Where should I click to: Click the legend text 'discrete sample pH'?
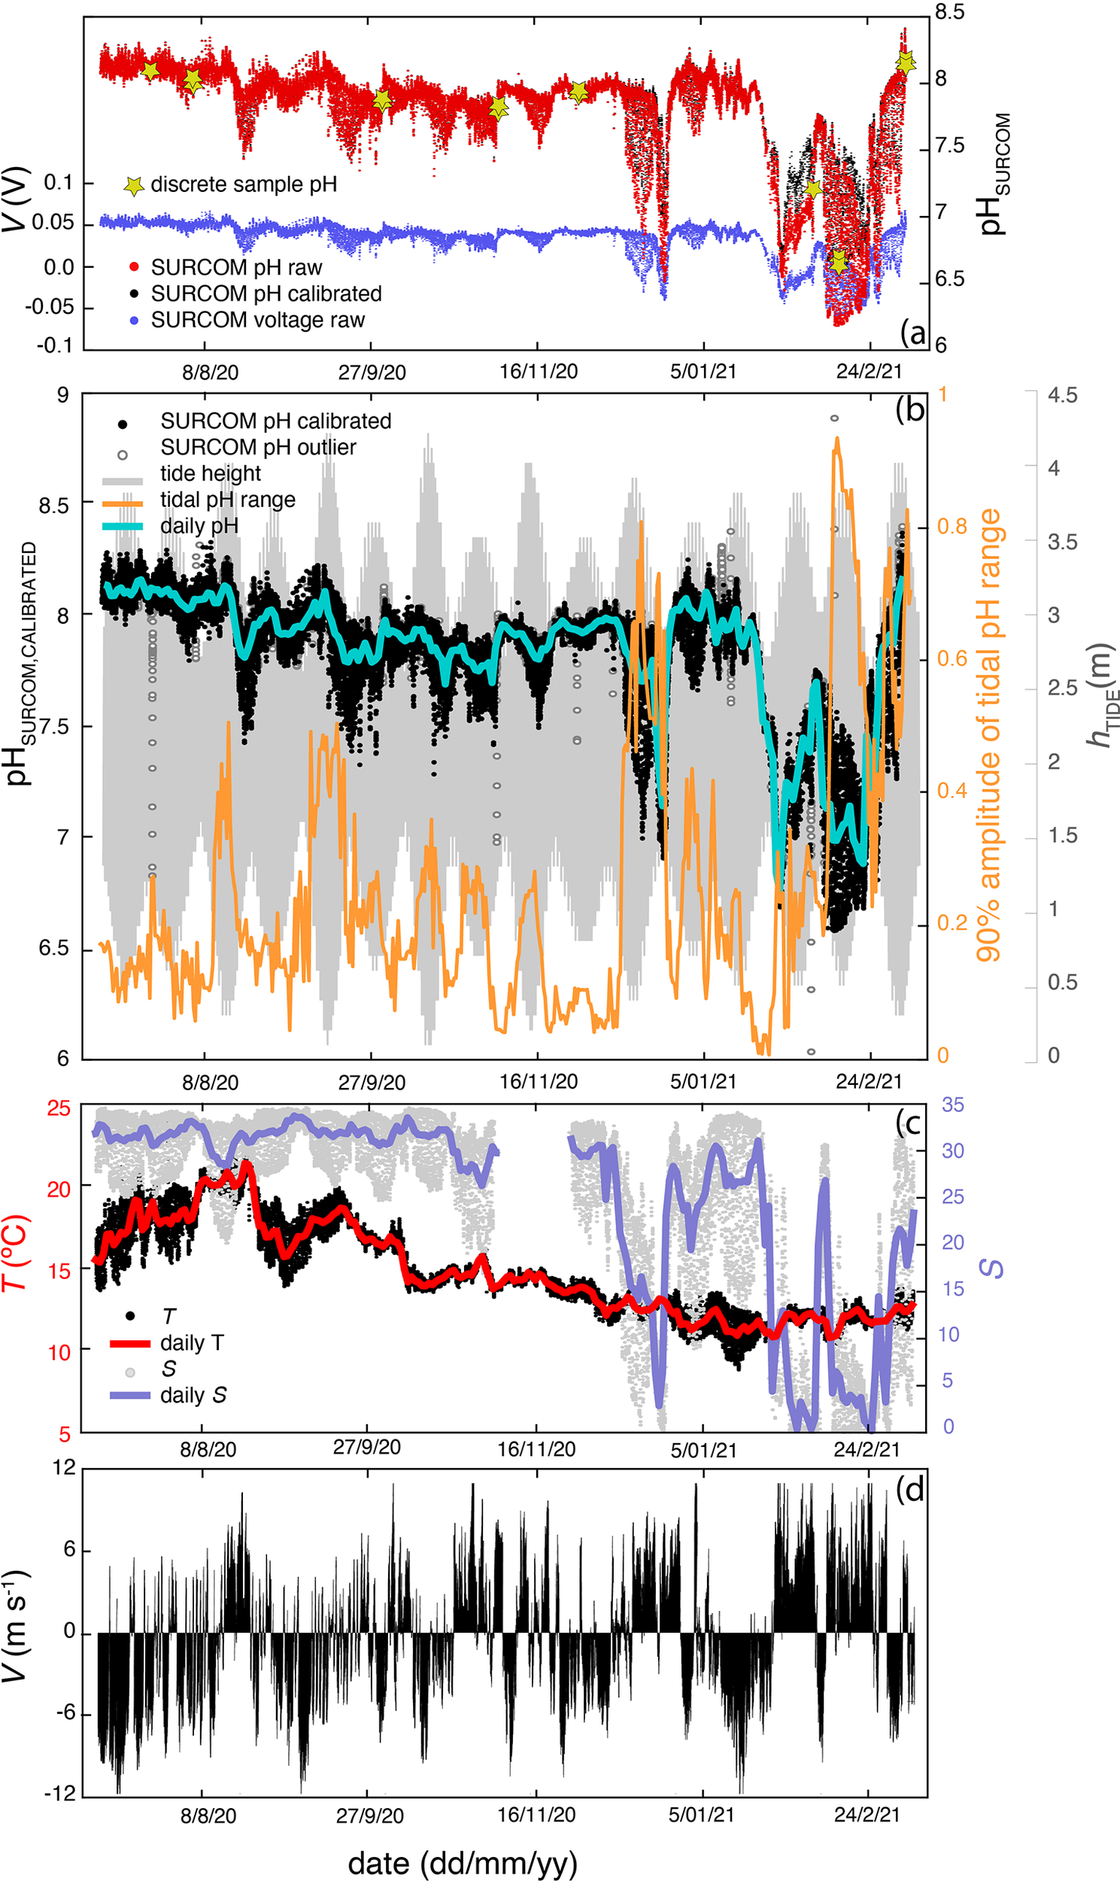[x=244, y=185]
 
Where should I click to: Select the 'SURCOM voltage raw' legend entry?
[x=257, y=320]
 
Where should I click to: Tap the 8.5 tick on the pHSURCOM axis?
[x=949, y=12]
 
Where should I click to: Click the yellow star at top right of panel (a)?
[x=906, y=62]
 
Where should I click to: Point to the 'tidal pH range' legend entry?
[x=227, y=500]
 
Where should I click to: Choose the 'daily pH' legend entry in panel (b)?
[x=199, y=526]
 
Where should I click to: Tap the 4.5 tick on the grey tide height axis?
[x=1062, y=396]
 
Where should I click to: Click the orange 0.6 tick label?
[x=952, y=659]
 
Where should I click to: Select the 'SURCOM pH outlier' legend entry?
[x=257, y=448]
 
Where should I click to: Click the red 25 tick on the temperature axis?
[x=59, y=1109]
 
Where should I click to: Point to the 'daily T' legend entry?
[x=192, y=1343]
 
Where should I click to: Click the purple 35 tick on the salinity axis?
[x=952, y=1105]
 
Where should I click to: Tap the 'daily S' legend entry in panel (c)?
[x=193, y=1395]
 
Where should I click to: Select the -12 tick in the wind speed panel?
[x=59, y=1793]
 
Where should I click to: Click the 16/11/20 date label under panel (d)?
[x=536, y=1815]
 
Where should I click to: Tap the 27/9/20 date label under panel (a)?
[x=372, y=373]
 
